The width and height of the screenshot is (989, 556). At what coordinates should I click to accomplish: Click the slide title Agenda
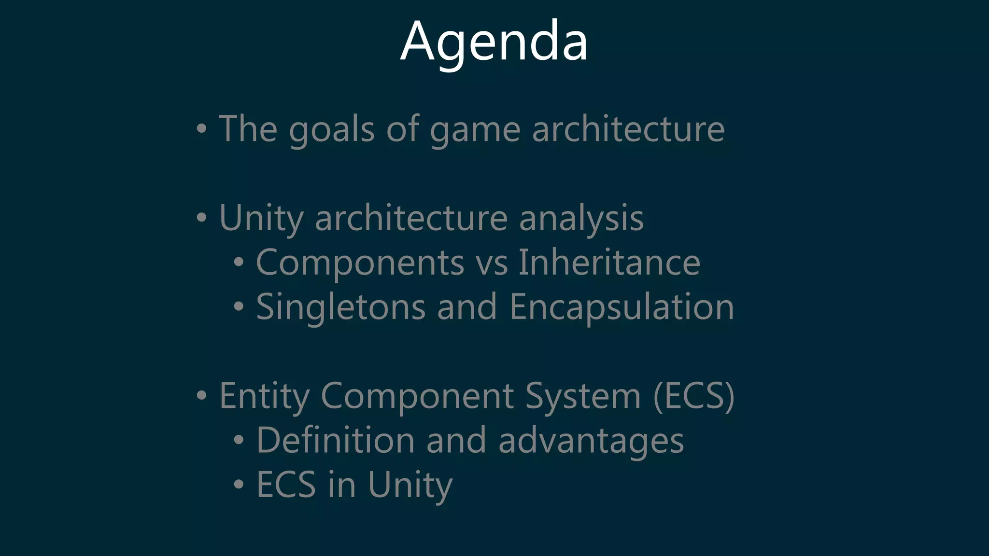(x=494, y=42)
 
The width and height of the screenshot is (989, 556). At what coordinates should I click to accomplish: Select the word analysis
(x=581, y=218)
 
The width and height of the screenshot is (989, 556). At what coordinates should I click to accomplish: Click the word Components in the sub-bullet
(x=360, y=263)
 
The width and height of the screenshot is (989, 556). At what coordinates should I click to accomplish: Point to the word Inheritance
(x=609, y=263)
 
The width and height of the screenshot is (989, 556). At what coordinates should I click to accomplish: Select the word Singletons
(x=340, y=307)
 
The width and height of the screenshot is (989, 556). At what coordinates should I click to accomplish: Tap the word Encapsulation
(x=622, y=307)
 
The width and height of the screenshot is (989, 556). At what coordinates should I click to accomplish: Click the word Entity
(x=264, y=396)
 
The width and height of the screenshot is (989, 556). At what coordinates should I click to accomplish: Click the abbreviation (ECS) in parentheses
(x=693, y=396)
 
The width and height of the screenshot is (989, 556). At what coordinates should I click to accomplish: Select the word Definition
(x=335, y=441)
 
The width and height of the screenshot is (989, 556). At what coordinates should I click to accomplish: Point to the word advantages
(x=591, y=441)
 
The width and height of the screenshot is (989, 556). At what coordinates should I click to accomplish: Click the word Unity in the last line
(x=410, y=485)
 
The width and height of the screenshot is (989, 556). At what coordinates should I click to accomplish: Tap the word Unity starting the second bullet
(x=261, y=218)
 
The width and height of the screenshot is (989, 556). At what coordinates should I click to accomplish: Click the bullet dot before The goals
(x=202, y=129)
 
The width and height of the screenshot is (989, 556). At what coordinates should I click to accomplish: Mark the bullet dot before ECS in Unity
(x=239, y=484)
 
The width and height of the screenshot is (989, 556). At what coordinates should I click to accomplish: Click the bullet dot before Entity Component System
(x=202, y=396)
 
